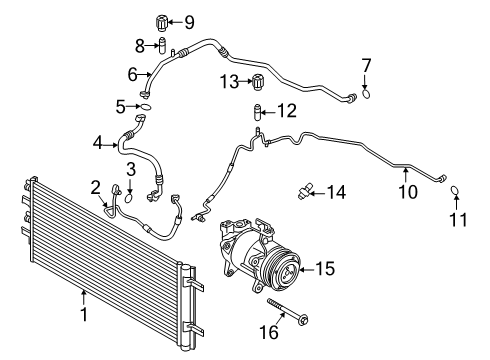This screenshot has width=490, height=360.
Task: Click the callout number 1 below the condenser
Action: (x=84, y=316)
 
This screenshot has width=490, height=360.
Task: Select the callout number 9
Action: (x=189, y=20)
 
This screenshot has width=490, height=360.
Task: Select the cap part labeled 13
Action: (x=257, y=81)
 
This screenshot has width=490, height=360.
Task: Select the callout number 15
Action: (x=327, y=268)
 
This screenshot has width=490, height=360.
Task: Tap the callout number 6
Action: (x=132, y=73)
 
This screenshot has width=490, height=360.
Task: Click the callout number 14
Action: (x=337, y=190)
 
